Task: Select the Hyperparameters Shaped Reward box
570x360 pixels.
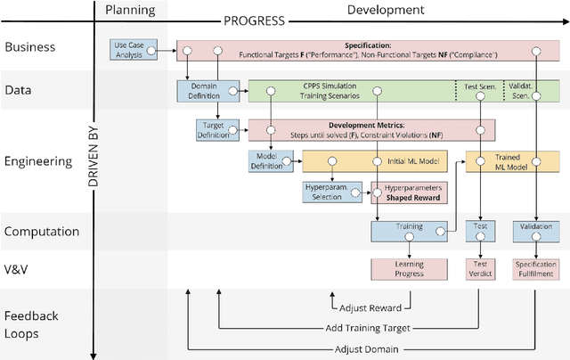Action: [x=410, y=193]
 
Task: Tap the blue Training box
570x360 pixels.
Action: [x=409, y=231]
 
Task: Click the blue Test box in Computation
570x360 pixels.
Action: [x=481, y=231]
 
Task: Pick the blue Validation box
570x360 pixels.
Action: [x=535, y=231]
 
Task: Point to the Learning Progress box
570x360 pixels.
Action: [x=409, y=268]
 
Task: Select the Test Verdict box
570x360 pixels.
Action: [x=481, y=268]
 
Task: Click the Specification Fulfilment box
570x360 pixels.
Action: [x=535, y=268]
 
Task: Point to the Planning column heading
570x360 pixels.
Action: [x=130, y=11]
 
